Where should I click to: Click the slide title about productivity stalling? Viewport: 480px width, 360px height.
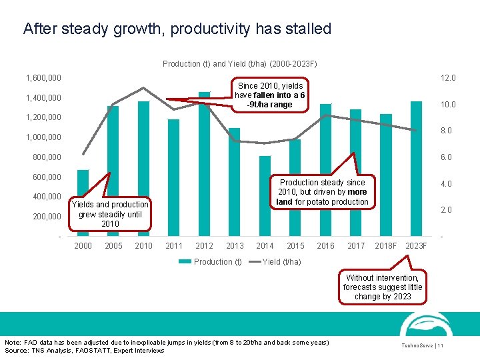[177, 29]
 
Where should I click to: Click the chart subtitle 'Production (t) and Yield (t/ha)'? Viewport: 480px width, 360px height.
[239, 64]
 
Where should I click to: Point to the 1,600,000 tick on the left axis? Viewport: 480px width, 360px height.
[43, 78]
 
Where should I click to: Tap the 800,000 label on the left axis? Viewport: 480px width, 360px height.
[47, 157]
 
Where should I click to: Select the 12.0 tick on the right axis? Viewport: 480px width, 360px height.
[447, 78]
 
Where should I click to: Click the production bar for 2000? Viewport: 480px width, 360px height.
[83, 200]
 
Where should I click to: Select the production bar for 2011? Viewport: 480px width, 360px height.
[173, 177]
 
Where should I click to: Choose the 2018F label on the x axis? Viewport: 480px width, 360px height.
[385, 246]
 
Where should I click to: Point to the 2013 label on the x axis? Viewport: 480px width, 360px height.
[235, 246]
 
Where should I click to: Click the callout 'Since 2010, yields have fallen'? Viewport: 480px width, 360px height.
[270, 95]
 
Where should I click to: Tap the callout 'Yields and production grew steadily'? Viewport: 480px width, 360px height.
[110, 214]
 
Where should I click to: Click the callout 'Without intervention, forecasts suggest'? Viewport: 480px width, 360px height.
[383, 287]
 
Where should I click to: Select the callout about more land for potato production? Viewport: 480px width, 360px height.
[322, 192]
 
